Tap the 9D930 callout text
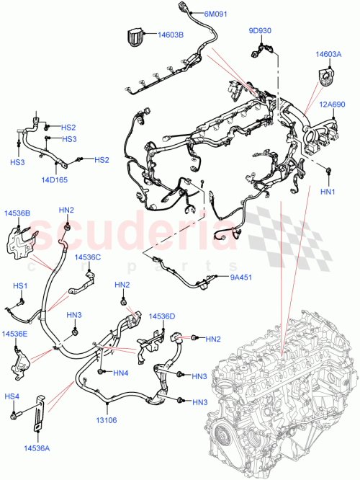pos(260,31)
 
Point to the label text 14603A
pos(328,54)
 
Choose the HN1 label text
pos(328,192)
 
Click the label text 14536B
pos(17,213)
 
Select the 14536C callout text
pos(87,257)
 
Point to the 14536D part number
pos(162,316)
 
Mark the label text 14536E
pos(14,334)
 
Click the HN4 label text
pos(120,373)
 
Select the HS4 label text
pos(12,396)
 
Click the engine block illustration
pos(281,404)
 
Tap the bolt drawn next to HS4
pos(14,417)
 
